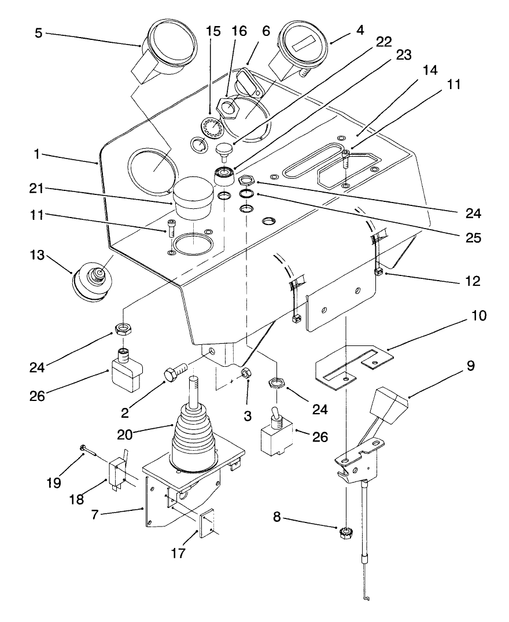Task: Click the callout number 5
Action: pos(39,33)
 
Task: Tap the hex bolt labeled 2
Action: pos(175,373)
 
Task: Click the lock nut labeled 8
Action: pos(346,532)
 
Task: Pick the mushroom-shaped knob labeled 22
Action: pos(223,152)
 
